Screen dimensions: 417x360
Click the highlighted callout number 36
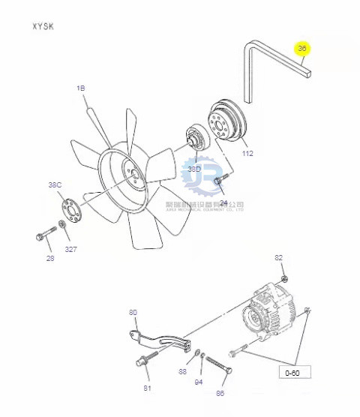click(x=302, y=49)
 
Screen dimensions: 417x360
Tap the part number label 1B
click(x=81, y=88)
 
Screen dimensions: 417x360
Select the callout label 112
click(x=247, y=153)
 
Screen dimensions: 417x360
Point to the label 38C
click(x=55, y=184)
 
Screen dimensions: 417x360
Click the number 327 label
click(x=70, y=248)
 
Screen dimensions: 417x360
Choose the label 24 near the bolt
click(x=223, y=202)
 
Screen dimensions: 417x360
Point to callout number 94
click(x=198, y=382)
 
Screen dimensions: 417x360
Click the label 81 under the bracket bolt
click(x=148, y=388)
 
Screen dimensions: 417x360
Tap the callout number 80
click(x=133, y=312)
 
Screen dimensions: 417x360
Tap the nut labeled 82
click(x=284, y=279)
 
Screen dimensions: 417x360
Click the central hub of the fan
click(x=134, y=178)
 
